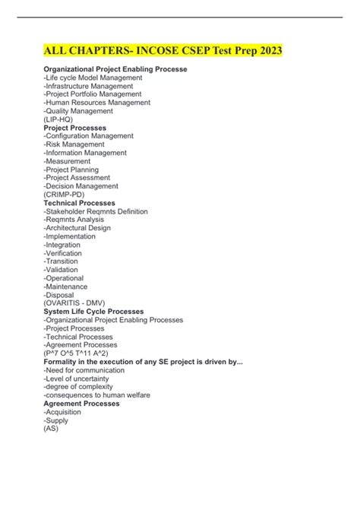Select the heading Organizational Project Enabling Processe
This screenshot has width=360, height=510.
115,69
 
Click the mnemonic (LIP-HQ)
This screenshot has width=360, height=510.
58,119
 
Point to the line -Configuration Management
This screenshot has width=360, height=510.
88,136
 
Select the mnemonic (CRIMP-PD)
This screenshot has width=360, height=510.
65,195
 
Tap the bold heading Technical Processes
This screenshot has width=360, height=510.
79,203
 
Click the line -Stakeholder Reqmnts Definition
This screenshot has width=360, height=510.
96,211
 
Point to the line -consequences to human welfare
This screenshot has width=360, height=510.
96,395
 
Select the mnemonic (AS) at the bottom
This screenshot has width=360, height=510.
50,429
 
